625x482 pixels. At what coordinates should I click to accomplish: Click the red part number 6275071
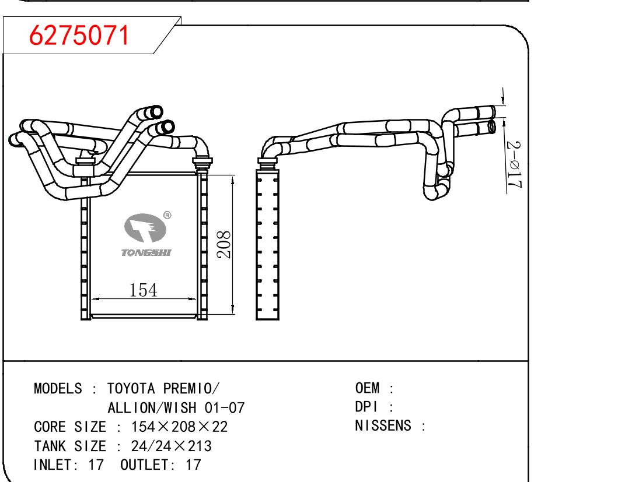pos(79,35)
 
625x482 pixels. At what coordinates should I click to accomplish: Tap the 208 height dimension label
pos(224,244)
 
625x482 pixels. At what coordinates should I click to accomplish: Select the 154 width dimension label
pos(144,290)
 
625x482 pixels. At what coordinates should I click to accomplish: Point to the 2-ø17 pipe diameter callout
pos(514,164)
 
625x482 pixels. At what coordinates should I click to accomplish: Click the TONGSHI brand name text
pos(146,253)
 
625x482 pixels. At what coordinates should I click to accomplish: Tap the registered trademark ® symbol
pos(167,215)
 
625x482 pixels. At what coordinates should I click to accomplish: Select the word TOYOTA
pos(131,388)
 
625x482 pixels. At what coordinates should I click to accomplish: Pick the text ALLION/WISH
pos(152,407)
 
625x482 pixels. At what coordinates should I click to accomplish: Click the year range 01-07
pos(225,407)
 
